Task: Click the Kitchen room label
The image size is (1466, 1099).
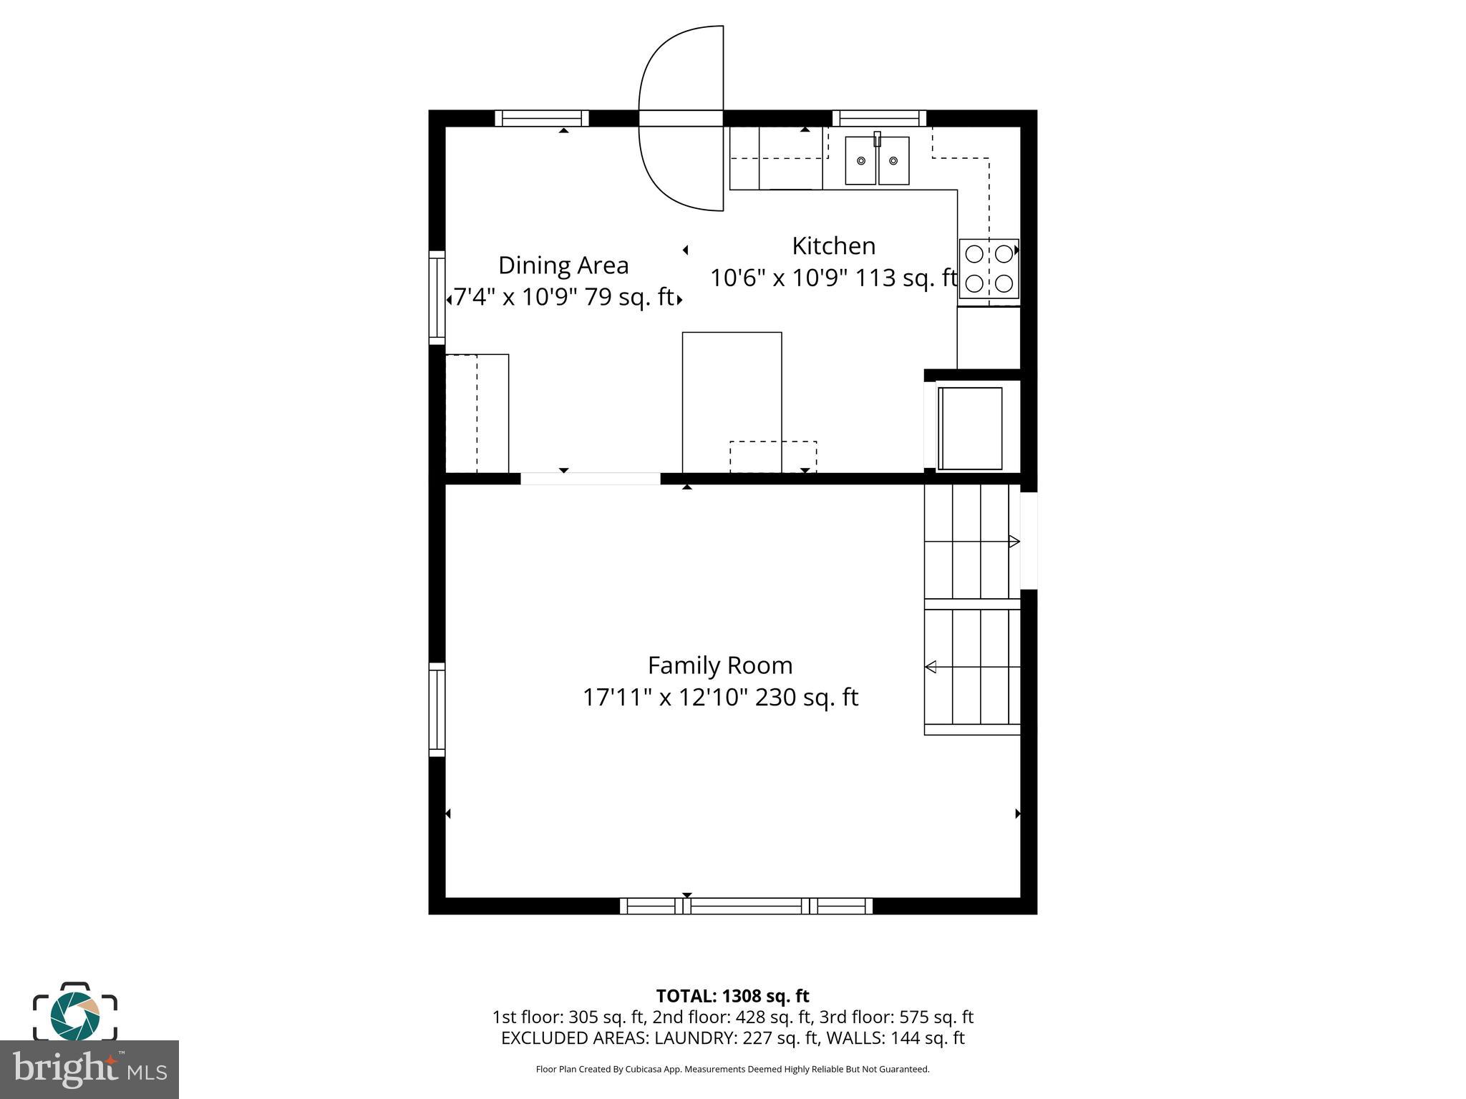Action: tap(833, 246)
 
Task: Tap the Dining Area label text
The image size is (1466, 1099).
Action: tap(563, 265)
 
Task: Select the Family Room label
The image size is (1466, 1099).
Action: tap(720, 665)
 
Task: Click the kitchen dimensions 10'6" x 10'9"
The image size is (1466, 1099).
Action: tap(779, 278)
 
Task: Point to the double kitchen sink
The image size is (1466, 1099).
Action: tap(877, 160)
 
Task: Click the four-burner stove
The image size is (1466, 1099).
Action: tap(989, 268)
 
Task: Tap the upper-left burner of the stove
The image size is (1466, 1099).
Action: tap(974, 253)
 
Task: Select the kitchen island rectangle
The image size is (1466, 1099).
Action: tap(732, 401)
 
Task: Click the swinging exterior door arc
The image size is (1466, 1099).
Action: tap(680, 118)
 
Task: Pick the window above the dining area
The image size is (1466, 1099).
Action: tap(542, 118)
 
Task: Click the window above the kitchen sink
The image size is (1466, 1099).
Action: tap(879, 118)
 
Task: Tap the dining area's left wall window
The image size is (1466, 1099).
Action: tap(437, 297)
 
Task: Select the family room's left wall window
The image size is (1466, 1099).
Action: tap(437, 709)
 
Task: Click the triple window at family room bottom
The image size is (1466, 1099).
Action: tap(746, 906)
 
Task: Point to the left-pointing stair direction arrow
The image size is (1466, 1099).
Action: tap(931, 667)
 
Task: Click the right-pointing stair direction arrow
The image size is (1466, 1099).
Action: tap(1014, 542)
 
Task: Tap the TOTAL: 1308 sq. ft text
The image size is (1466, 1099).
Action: tap(732, 996)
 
